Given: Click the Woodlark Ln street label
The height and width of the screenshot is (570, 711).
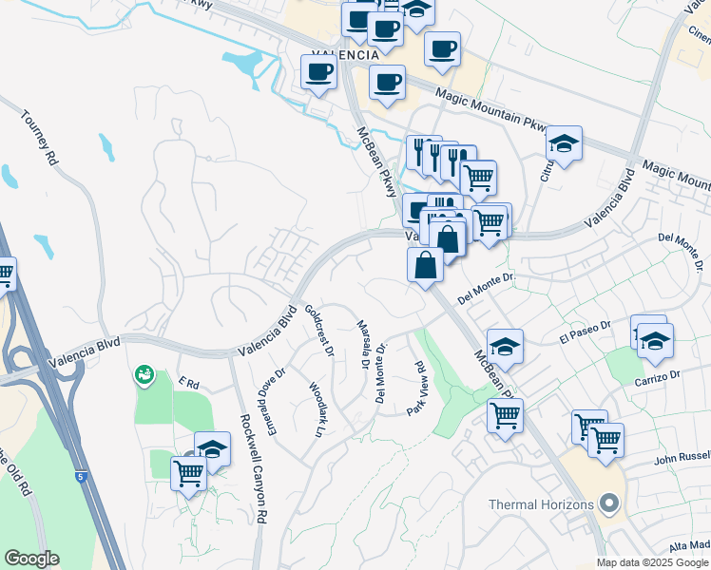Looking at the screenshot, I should (317, 409).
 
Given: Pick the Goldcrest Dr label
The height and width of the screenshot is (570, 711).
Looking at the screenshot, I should (319, 331).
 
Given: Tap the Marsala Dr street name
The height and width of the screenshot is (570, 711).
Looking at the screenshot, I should (363, 343).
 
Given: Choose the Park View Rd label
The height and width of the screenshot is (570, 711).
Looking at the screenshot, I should (416, 387).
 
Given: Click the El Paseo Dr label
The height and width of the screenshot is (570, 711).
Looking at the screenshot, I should (585, 332).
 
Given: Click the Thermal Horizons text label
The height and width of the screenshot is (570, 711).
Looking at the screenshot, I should (539, 504).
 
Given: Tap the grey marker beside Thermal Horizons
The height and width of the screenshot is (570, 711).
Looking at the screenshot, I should (609, 503).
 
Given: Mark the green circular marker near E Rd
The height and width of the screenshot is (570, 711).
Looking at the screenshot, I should (144, 375).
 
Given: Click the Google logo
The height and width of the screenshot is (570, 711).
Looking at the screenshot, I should (31, 559).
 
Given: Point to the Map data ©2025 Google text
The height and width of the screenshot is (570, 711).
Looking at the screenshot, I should (652, 562).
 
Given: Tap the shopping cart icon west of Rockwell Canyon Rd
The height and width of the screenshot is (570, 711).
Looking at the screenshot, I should (188, 471).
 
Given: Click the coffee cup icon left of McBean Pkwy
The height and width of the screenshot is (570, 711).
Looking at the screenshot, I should (318, 71).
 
